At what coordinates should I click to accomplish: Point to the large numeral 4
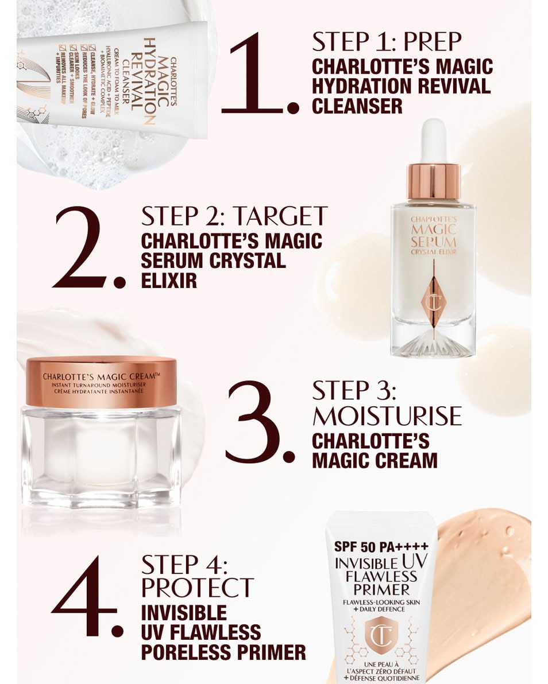pos(83,597)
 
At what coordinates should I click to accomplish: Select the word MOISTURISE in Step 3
pos(387,415)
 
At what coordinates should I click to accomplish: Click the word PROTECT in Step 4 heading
pos(197,588)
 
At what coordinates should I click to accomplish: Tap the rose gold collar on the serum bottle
pos(434,181)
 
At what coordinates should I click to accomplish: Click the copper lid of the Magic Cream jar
pos(101,382)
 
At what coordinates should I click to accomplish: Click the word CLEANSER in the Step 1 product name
pos(357,105)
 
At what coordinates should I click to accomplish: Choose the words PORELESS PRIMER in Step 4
pos(223,652)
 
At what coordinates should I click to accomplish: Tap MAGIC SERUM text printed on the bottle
pos(434,236)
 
